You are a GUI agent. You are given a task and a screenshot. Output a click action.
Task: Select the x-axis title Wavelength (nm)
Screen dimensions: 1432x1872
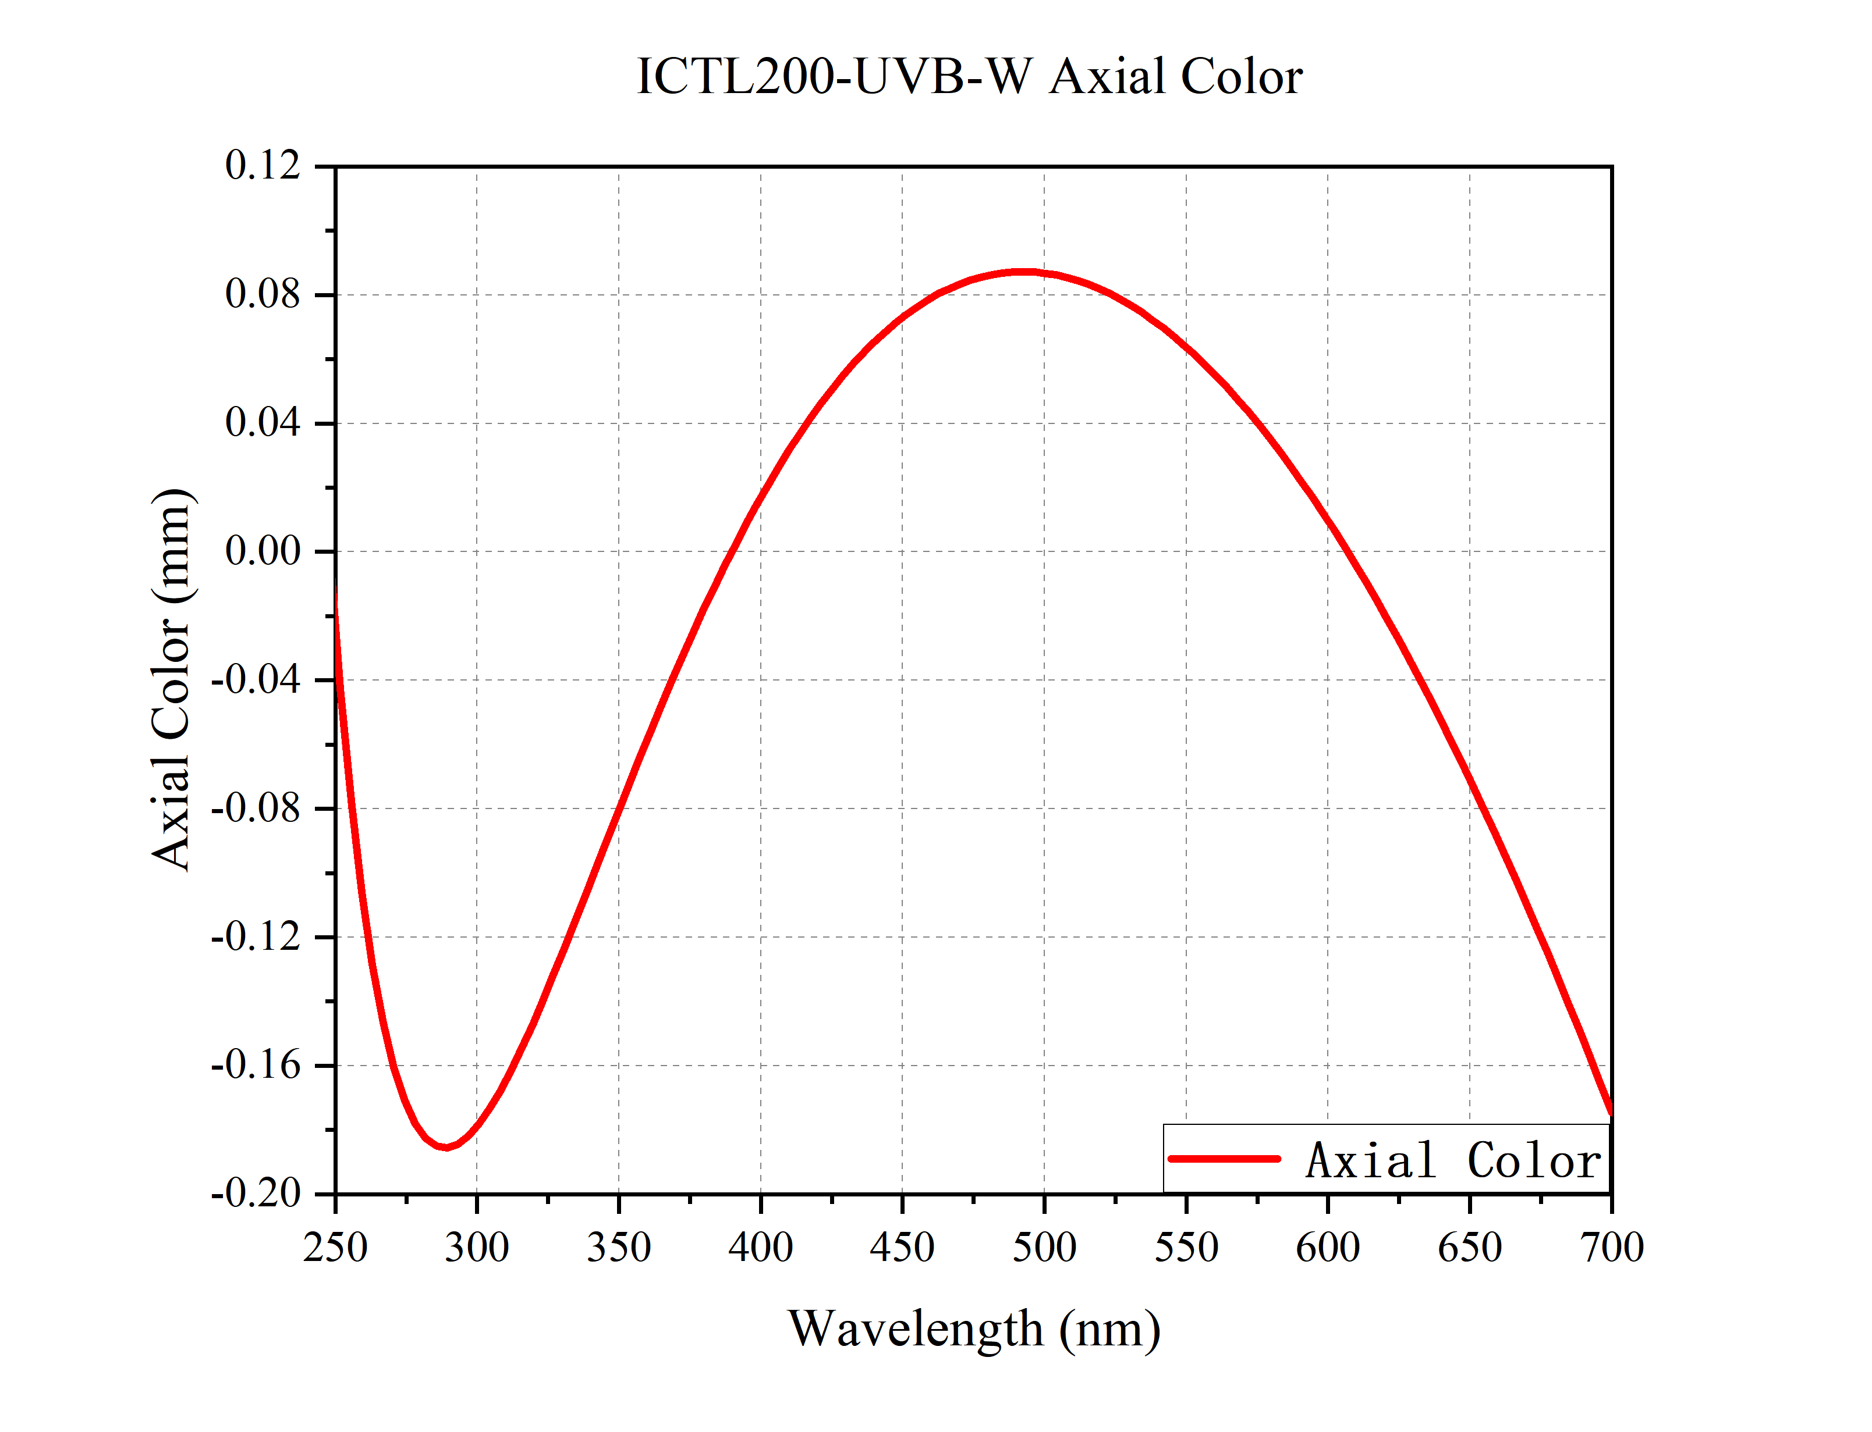pos(974,1329)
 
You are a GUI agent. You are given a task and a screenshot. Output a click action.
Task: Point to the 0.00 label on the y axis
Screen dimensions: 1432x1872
pos(263,551)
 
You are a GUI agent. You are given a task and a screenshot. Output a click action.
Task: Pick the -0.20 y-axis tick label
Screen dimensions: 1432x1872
pos(256,1194)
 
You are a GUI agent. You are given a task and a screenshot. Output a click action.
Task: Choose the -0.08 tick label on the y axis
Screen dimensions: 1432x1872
pos(256,808)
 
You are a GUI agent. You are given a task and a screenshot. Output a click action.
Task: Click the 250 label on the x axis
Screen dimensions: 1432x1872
pos(335,1248)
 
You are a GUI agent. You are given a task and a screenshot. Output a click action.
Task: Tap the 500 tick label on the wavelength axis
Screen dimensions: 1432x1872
pos(1044,1248)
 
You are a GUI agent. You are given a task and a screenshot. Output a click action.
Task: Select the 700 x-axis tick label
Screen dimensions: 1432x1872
pos(1611,1248)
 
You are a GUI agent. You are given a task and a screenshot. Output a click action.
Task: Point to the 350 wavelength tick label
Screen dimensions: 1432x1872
pos(618,1248)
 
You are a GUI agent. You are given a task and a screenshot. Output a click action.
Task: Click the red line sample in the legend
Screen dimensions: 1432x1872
pos(1224,1159)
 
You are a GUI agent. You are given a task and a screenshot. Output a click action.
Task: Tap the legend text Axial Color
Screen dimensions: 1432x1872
pos(1453,1160)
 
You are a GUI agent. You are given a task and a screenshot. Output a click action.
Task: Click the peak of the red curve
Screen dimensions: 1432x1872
pos(1023,272)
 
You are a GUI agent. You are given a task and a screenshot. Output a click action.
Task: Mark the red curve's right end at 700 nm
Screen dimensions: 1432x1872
pos(1610,1111)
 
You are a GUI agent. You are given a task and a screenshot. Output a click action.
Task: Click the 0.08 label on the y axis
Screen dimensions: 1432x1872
pos(263,295)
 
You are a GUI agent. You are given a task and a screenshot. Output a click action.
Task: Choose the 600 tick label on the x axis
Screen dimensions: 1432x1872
pos(1327,1248)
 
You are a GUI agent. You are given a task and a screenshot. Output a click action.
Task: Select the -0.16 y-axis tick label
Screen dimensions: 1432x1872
pos(256,1066)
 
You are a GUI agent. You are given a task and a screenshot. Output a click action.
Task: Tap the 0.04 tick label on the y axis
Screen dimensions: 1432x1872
pos(263,423)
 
